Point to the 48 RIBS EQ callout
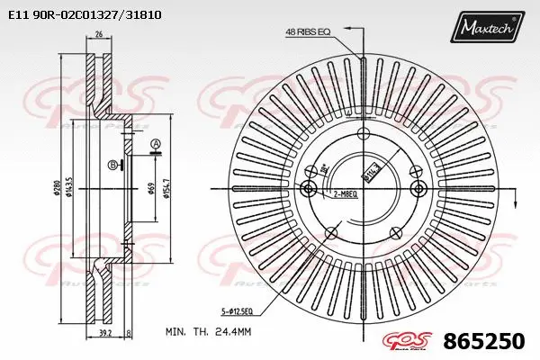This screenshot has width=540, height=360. tap(308, 31)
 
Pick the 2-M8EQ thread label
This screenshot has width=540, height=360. tap(346, 193)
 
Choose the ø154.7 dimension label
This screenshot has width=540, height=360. tap(168, 188)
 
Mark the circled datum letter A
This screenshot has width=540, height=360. tap(155, 144)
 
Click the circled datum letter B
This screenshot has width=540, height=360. tap(112, 165)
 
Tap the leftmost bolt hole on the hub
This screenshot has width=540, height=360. tap(309, 188)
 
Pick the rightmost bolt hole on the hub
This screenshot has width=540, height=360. tap(418, 188)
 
